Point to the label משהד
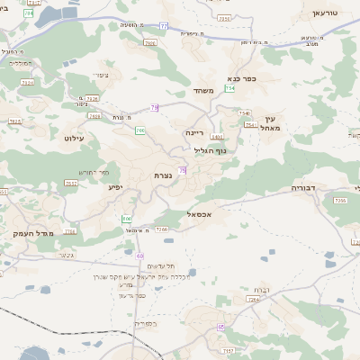[201, 91]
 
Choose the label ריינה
[196, 132]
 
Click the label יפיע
[115, 187]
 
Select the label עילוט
[74, 138]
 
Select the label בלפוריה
[144, 323]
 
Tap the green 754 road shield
[230, 88]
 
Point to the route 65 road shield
[220, 327]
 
